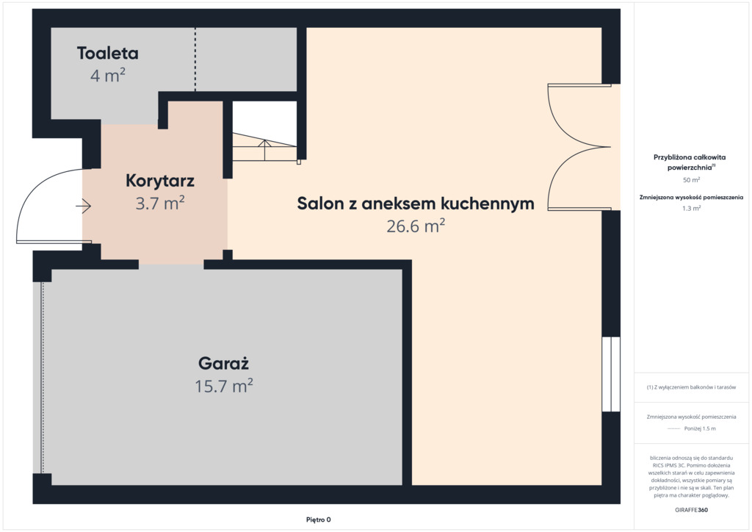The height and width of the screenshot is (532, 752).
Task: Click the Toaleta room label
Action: coord(107,53)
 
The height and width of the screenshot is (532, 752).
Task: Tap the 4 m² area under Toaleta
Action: coord(108,75)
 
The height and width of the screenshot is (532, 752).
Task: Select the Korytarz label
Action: coord(159,181)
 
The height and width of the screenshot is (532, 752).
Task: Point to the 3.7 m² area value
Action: coord(159,204)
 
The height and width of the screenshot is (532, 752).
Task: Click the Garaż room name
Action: coord(223,363)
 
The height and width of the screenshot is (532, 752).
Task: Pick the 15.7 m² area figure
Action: coord(223,386)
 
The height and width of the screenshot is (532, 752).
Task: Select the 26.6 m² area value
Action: coord(416,226)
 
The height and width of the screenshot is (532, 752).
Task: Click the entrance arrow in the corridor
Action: coord(84,206)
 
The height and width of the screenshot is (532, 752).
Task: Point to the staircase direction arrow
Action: coord(264,150)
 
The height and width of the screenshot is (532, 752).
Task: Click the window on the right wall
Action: coord(610,374)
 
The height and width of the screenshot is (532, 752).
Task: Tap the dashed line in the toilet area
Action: coord(195,59)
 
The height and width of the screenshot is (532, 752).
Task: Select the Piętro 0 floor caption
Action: coord(319,520)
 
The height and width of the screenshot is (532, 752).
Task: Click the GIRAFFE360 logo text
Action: coord(691,510)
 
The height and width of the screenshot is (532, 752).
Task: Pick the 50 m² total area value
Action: coord(691,180)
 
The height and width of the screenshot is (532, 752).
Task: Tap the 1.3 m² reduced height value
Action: coord(691,208)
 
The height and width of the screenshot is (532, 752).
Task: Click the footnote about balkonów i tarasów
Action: coord(691,387)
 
